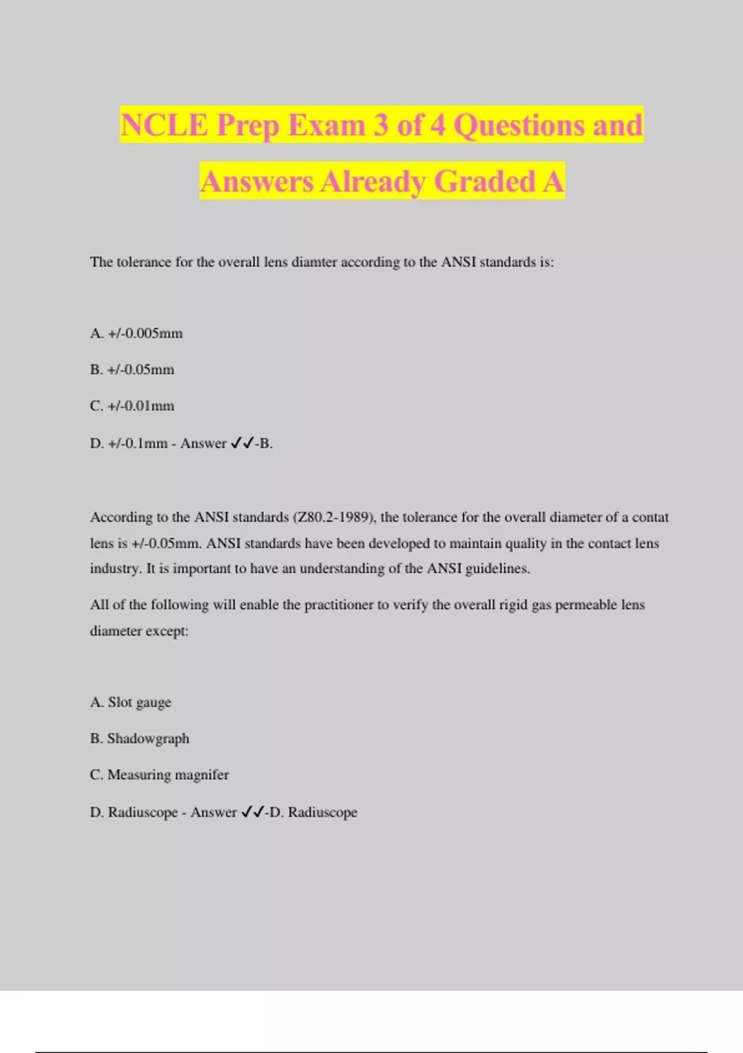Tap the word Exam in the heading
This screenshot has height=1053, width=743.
coord(326,125)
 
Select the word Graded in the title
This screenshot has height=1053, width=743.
coord(485,181)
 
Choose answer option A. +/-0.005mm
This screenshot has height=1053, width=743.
coord(136,333)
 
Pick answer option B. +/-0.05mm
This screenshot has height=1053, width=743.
coord(132,370)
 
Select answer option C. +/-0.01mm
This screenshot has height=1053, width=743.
coord(132,406)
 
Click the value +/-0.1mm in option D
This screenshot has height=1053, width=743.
coord(137,443)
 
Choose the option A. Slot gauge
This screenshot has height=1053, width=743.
coord(130,702)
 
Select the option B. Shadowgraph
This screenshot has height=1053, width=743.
coord(139,738)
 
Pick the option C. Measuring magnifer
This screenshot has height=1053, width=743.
coord(159,775)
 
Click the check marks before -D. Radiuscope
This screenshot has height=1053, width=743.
coord(253,811)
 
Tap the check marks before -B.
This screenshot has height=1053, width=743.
coord(242,443)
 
